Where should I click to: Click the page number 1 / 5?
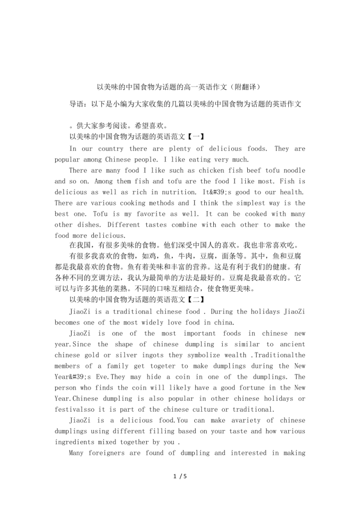tap(180, 476)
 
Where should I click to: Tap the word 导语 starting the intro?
tap(76, 104)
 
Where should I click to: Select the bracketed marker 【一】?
tap(195, 137)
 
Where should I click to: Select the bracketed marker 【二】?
tap(195, 299)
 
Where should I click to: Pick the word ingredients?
tap(76, 442)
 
